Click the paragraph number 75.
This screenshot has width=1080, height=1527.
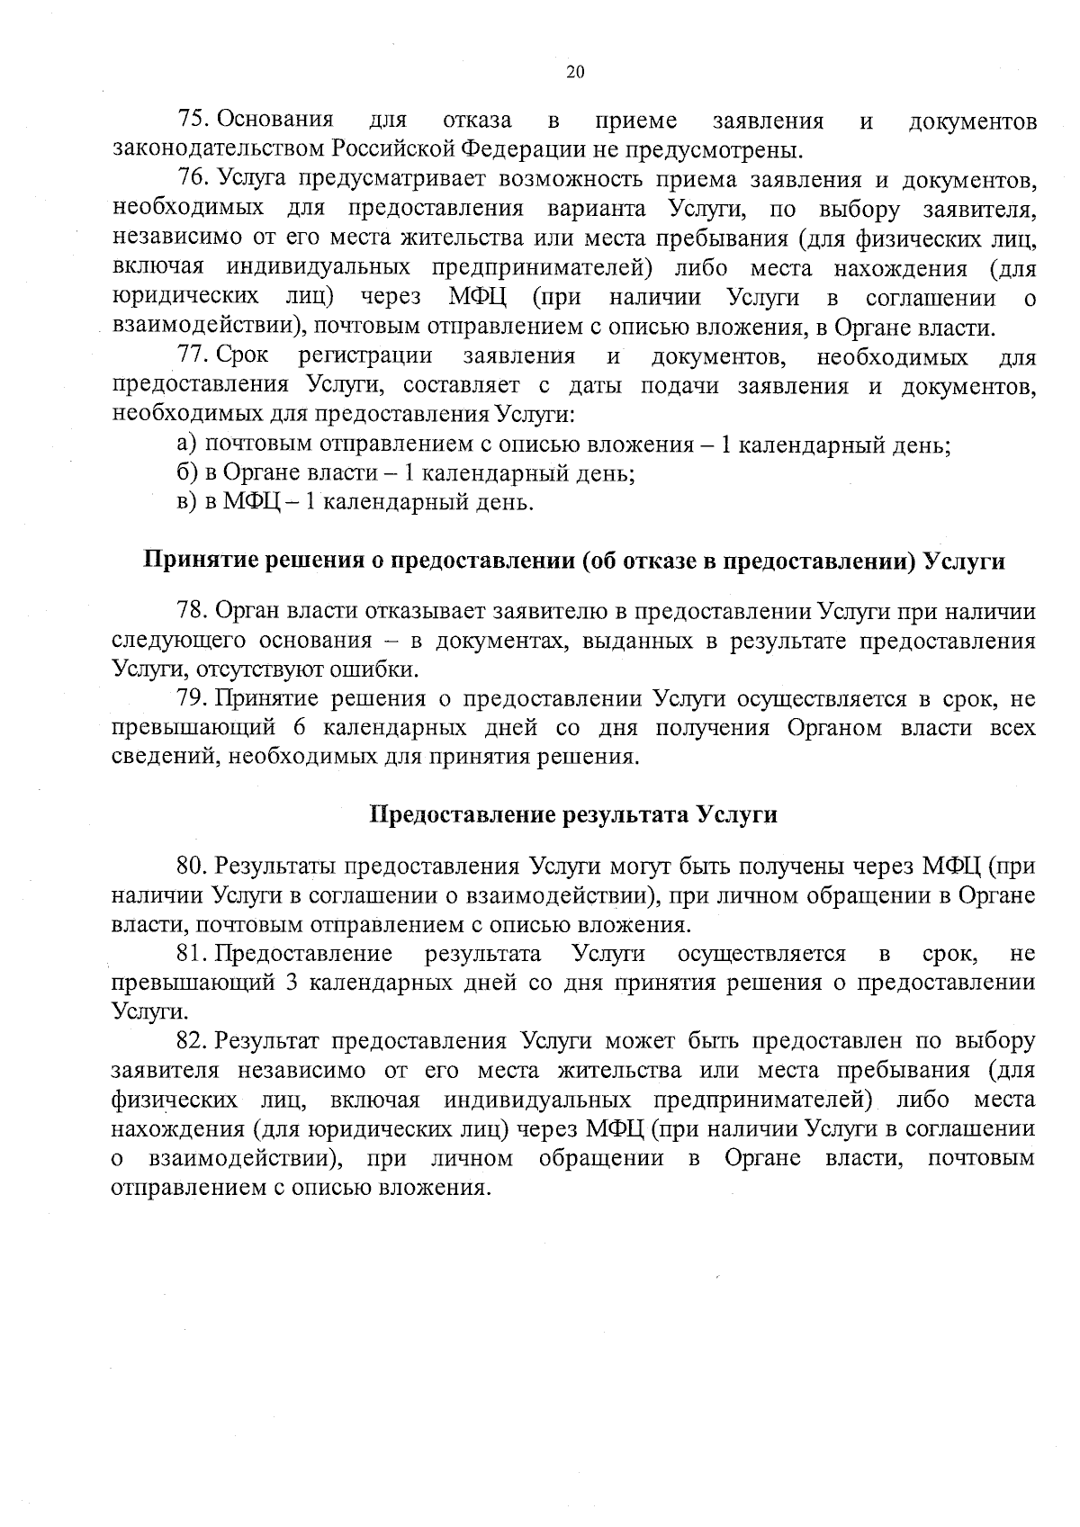[193, 120]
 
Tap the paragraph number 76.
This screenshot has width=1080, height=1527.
[193, 180]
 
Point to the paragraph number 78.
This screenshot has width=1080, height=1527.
[193, 612]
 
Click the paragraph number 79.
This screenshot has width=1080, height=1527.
[193, 699]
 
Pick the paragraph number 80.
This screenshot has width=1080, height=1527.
[193, 867]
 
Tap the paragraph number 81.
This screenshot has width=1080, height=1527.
[192, 954]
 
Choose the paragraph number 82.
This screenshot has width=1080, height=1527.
[193, 1041]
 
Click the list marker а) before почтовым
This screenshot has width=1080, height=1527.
[186, 445]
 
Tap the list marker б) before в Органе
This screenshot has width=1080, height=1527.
[186, 473]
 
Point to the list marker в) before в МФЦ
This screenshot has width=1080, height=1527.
[186, 502]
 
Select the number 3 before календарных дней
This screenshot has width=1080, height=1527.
[291, 983]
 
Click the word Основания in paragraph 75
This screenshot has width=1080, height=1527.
[275, 120]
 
